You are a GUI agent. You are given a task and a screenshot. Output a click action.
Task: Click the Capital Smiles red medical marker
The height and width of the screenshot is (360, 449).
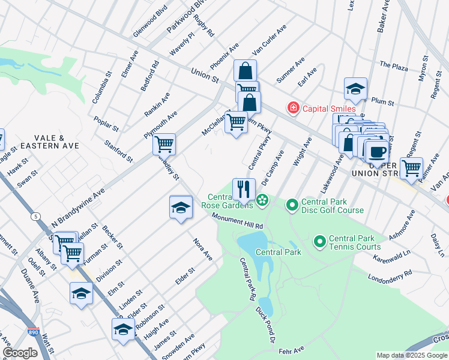point(293,109)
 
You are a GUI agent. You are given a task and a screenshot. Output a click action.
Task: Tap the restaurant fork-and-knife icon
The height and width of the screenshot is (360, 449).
point(244,190)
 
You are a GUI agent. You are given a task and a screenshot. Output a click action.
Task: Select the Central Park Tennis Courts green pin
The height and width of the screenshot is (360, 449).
point(319,242)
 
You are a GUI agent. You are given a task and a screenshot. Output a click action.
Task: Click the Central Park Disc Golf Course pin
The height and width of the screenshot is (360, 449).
point(292,206)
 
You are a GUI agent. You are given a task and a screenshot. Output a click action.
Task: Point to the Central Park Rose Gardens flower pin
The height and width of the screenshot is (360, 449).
point(262,200)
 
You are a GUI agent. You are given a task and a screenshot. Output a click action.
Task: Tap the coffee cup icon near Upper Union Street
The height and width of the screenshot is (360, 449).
point(377,151)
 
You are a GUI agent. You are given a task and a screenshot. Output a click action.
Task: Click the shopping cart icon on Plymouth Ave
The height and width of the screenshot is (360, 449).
point(164,145)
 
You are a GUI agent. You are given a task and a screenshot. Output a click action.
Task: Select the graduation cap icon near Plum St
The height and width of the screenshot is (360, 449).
point(355,89)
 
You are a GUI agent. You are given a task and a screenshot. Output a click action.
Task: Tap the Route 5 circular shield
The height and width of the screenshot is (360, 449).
point(37,215)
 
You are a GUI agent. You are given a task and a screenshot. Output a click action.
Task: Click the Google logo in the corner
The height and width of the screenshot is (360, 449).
point(20,353)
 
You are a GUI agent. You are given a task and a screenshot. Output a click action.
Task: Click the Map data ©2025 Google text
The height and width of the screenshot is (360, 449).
point(411,355)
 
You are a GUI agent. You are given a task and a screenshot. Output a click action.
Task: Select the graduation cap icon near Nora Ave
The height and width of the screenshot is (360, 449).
point(181,207)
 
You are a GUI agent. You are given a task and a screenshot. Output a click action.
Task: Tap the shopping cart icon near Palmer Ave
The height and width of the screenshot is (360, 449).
point(411,168)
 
